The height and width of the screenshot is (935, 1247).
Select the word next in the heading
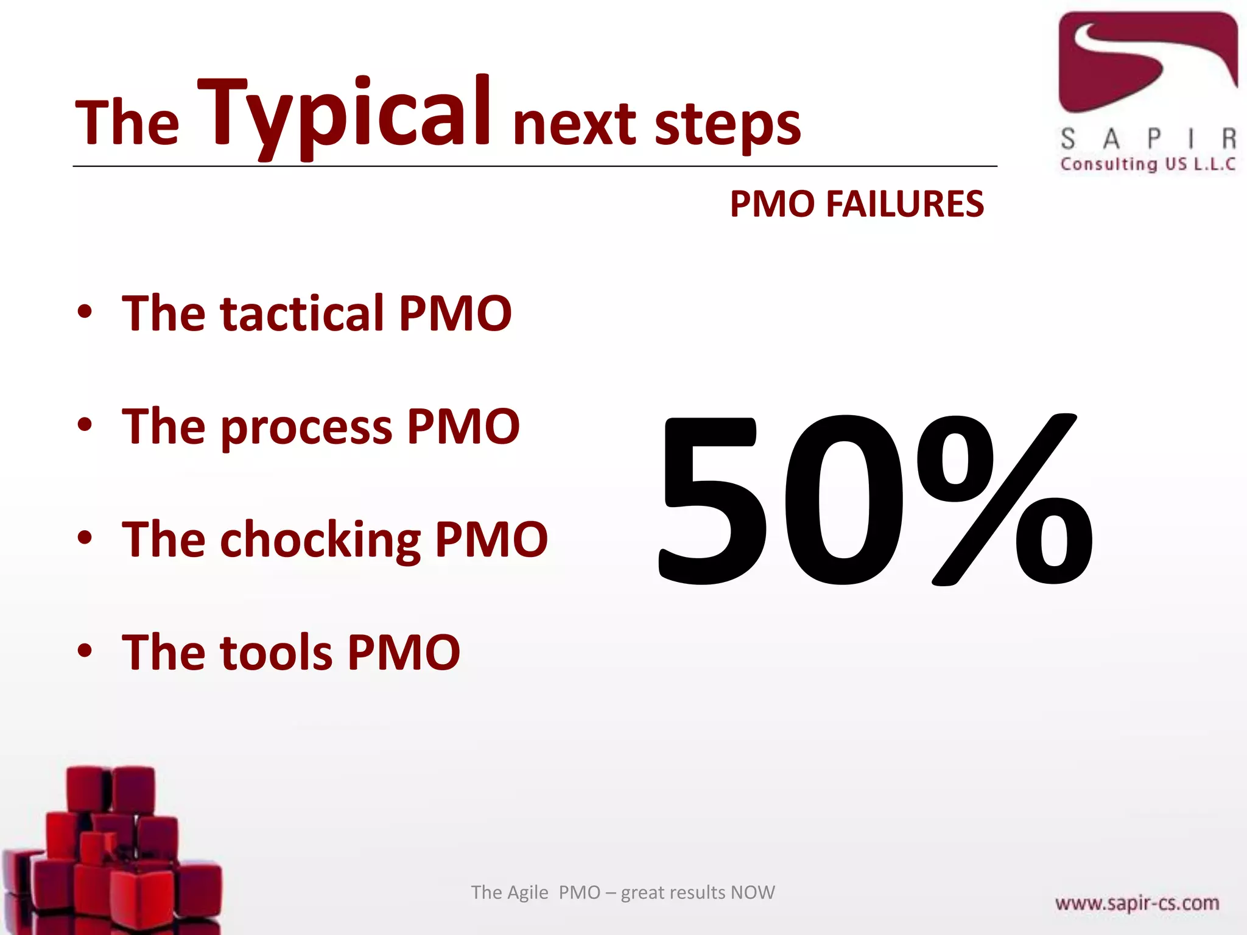coord(575,125)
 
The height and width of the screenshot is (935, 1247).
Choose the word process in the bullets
coord(306,427)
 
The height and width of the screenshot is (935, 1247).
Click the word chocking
coord(320,540)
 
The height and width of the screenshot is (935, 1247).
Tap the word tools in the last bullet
coord(276,653)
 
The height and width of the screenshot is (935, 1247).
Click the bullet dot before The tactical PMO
coord(85,312)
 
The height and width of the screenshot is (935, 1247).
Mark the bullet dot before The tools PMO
coord(85,651)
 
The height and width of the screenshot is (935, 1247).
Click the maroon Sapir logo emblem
coord(1147,61)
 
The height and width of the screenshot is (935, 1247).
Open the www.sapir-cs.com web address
coord(1137,903)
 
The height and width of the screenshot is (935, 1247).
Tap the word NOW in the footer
coord(753,892)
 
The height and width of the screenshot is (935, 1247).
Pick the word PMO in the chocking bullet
coord(491,540)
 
